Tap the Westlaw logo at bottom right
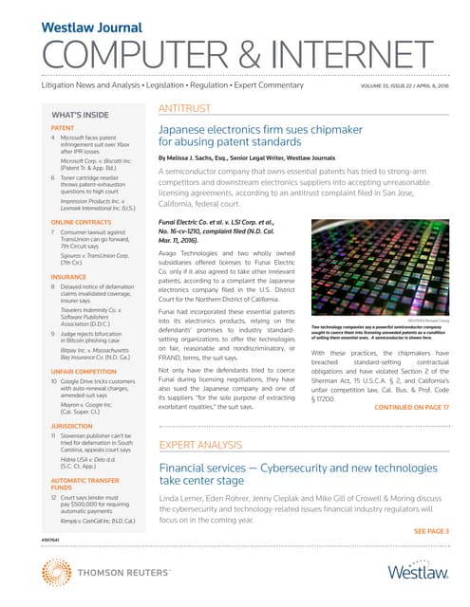(x=420, y=571)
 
